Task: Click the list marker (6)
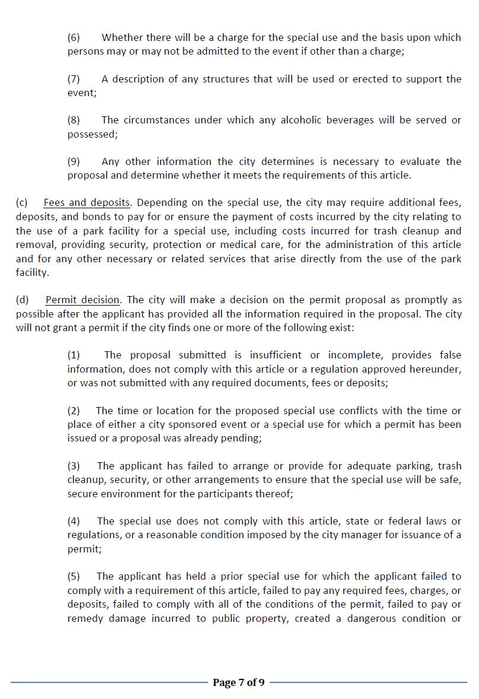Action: pyautogui.click(x=74, y=37)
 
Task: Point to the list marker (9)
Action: pyautogui.click(x=74, y=161)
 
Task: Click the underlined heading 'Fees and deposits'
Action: pyautogui.click(x=87, y=203)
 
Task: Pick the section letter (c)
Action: pyautogui.click(x=22, y=203)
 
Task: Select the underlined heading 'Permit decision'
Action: pyautogui.click(x=82, y=300)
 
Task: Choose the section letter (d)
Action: pyautogui.click(x=22, y=300)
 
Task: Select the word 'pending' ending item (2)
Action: pyautogui.click(x=241, y=438)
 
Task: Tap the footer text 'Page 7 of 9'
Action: pyautogui.click(x=238, y=682)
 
